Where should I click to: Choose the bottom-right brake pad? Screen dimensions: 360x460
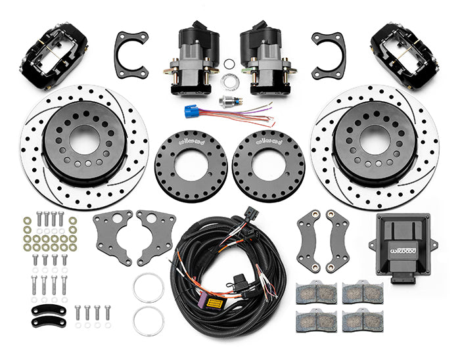363,321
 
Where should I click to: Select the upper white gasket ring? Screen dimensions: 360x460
149,286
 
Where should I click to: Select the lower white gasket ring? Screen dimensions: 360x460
149,320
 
